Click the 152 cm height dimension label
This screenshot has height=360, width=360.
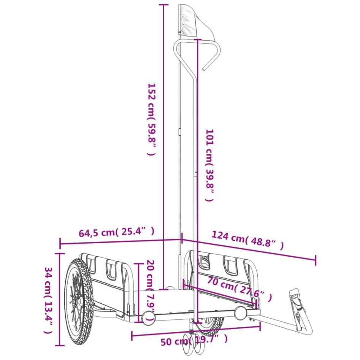click(151, 119)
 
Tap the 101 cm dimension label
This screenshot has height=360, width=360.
click(209, 165)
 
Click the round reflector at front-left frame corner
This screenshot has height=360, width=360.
click(147, 316)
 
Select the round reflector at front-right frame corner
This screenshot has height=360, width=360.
click(240, 313)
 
